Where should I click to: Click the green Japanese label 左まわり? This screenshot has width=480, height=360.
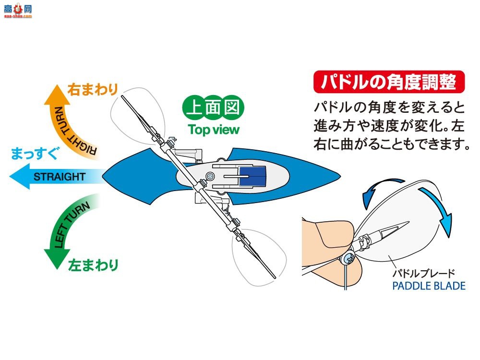93,265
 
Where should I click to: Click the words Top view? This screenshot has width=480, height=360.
214,130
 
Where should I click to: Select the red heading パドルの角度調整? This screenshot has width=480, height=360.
389,81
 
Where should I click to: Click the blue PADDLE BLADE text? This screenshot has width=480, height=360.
429,286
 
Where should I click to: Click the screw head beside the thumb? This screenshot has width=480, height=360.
348,259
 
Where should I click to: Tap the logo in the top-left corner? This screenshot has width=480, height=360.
16,9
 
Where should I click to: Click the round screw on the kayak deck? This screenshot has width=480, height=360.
210,177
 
